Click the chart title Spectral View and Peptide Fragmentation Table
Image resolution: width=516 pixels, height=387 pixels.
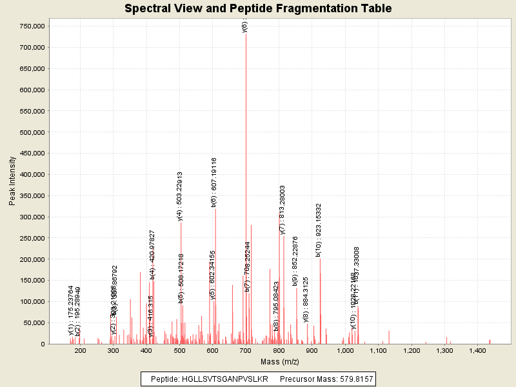[258, 8]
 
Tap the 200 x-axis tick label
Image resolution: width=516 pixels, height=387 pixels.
[80, 350]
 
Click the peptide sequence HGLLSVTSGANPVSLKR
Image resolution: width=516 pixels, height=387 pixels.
[227, 379]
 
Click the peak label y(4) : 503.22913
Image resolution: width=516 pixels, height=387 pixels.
[181, 196]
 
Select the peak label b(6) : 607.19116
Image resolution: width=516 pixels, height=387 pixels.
[214, 182]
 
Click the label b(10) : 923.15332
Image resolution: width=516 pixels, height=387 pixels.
[319, 230]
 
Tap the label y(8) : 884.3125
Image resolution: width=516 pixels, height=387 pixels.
[306, 299]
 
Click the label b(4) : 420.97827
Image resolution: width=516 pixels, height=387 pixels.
[153, 253]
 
